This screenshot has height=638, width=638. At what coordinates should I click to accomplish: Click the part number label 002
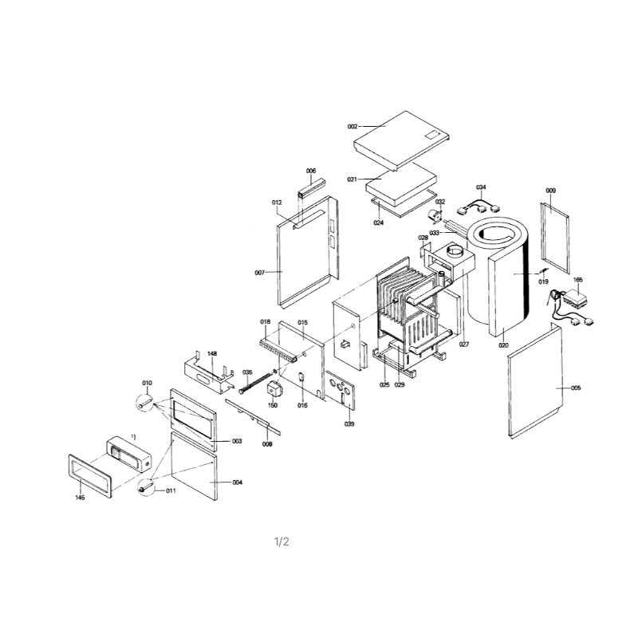click(x=352, y=127)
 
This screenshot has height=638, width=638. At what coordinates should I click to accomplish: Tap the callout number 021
click(x=352, y=179)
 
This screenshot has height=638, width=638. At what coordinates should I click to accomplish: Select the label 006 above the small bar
click(x=311, y=171)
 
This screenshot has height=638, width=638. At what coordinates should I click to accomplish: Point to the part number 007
click(x=260, y=273)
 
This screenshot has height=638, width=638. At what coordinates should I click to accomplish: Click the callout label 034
click(x=481, y=187)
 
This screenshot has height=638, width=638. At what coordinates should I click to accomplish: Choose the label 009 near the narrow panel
click(x=550, y=191)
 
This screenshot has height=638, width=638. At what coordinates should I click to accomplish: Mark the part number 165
click(x=577, y=280)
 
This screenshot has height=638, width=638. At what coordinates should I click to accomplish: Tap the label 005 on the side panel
click(x=576, y=388)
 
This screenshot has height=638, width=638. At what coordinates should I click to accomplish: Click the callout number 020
click(x=503, y=345)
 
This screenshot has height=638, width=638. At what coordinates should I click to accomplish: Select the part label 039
click(x=349, y=424)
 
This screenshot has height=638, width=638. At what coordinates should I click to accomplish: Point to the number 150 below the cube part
click(x=273, y=405)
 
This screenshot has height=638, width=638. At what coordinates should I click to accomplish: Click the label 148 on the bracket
click(x=212, y=353)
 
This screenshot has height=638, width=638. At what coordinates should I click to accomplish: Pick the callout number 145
click(x=81, y=498)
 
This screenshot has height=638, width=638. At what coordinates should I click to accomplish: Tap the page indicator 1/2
click(x=282, y=542)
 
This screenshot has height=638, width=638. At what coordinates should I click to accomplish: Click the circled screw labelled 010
click(x=145, y=404)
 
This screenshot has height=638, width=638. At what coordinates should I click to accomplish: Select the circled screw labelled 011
click(x=146, y=487)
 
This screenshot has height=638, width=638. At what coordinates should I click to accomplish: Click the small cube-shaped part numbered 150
click(x=275, y=390)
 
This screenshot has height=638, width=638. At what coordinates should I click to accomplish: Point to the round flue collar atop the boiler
click(x=455, y=250)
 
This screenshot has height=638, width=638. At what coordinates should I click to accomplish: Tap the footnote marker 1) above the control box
click(x=133, y=436)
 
